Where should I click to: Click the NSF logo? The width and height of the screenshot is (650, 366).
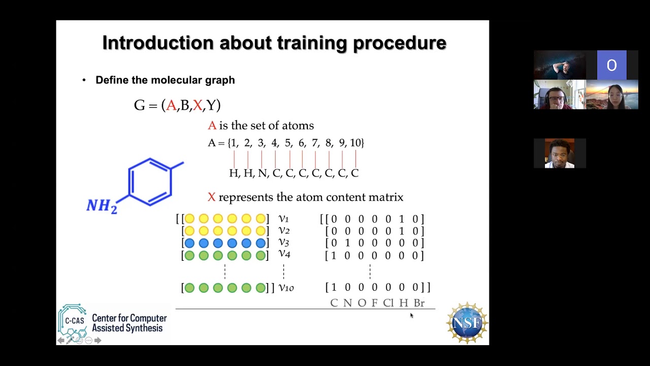click(x=467, y=322)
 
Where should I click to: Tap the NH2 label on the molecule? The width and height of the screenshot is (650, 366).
click(x=102, y=206)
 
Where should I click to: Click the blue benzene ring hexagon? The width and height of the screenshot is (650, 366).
click(x=150, y=182)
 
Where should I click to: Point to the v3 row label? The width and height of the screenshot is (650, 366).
click(x=283, y=242)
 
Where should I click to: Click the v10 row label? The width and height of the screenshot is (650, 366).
click(x=286, y=288)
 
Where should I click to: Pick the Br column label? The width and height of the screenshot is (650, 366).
click(x=419, y=303)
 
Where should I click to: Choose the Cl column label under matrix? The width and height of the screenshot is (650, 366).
click(x=388, y=303)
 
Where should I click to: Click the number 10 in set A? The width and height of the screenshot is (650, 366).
click(x=355, y=143)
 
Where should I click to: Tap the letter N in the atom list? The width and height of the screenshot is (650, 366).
click(x=262, y=173)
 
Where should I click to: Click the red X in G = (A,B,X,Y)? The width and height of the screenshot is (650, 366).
click(x=198, y=105)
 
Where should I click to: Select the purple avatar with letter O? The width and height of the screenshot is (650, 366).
click(x=611, y=65)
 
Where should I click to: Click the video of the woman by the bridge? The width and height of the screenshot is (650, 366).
click(x=612, y=95)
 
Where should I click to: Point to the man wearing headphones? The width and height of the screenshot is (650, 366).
click(x=560, y=95)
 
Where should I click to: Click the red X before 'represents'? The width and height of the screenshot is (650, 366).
click(x=212, y=197)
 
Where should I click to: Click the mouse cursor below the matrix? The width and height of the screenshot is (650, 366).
click(x=411, y=316)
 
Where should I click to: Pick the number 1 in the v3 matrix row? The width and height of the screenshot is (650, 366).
click(x=347, y=243)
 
